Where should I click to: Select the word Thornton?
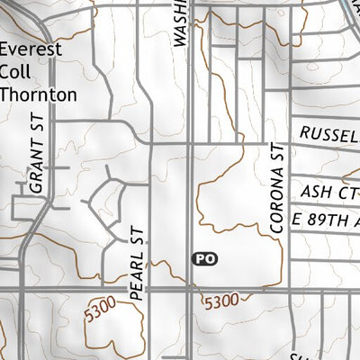pyautogui.click(x=39, y=93)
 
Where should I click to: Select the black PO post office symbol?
pyautogui.click(x=205, y=259)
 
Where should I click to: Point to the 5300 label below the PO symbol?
pyautogui.click(x=222, y=300)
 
